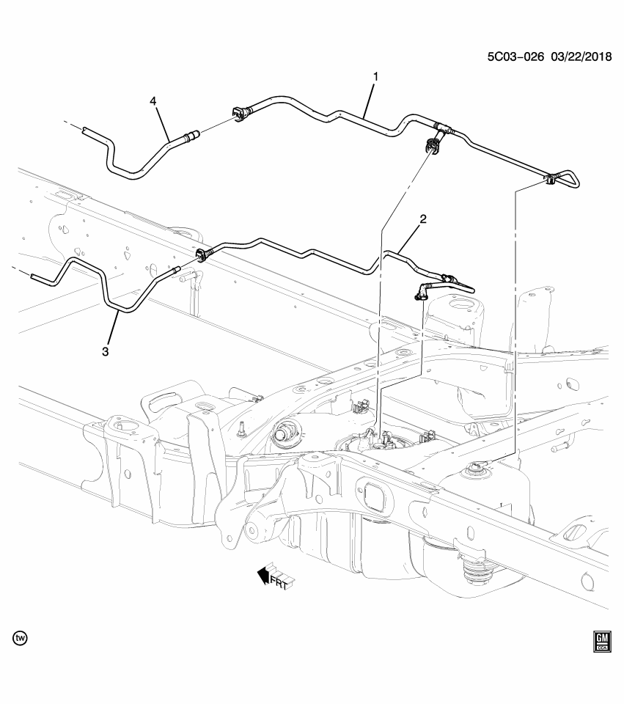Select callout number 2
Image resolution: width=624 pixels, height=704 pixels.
coord(423,219)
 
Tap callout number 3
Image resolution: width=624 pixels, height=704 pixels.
coord(106,351)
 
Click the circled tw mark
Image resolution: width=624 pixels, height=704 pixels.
coord(21,639)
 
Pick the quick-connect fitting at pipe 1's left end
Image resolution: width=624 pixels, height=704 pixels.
coord(238,113)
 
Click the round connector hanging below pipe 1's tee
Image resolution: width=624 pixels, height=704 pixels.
coord(432,147)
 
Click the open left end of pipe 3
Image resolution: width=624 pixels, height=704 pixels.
coord(35,276)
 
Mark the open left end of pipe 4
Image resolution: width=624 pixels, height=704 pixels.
coord(86,131)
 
